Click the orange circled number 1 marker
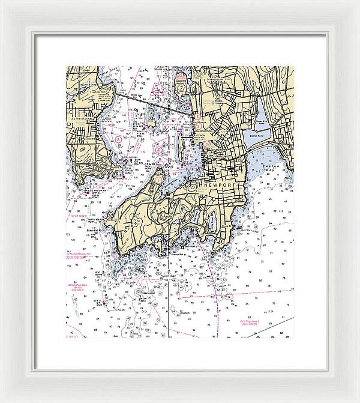pos(158,178)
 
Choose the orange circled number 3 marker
pos(205,144)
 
